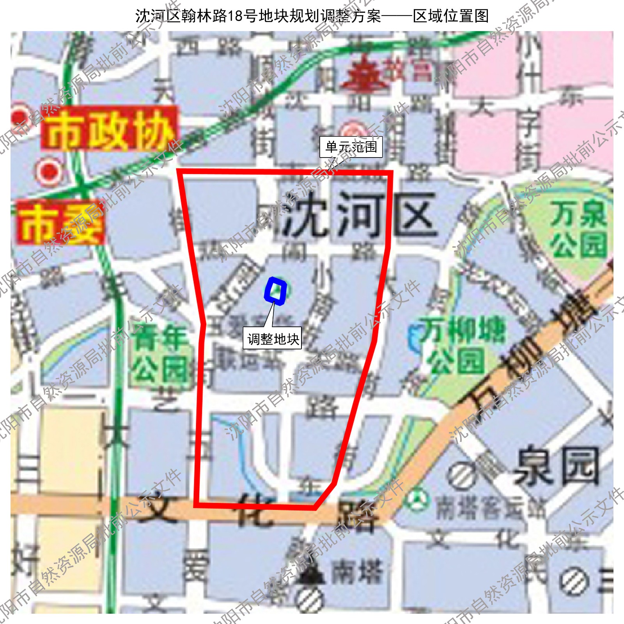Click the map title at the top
coord(312,16)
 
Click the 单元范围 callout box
coord(351,147)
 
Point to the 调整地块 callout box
coord(273,338)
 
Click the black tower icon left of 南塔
coord(312,573)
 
